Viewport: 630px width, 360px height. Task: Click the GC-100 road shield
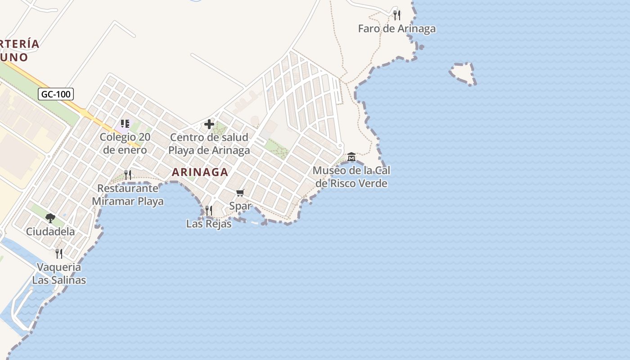tap(56, 94)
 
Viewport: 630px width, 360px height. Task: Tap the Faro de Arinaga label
tap(396, 28)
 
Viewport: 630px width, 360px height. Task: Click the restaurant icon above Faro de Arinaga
tap(396, 15)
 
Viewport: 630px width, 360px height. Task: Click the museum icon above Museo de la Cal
tap(351, 157)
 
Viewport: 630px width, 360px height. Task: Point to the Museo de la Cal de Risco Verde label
tap(351, 177)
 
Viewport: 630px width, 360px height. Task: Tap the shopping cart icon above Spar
tap(240, 193)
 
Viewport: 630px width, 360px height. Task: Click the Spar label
tap(240, 206)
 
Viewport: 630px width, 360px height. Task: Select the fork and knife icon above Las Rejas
tap(208, 210)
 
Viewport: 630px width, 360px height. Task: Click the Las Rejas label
tap(209, 224)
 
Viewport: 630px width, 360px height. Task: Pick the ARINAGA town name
tap(200, 172)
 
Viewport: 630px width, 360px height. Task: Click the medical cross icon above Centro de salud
tap(209, 124)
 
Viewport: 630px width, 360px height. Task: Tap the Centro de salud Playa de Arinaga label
tap(209, 144)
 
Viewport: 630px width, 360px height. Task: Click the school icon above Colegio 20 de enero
tap(125, 124)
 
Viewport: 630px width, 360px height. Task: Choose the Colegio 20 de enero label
tap(125, 144)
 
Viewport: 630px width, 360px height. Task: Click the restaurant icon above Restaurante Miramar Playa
tap(128, 175)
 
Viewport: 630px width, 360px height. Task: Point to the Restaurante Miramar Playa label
tap(128, 194)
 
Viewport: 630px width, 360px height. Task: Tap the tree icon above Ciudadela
tap(50, 218)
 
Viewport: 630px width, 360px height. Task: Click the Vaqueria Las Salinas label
tap(59, 273)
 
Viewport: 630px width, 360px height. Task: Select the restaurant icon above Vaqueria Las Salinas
tap(59, 254)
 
